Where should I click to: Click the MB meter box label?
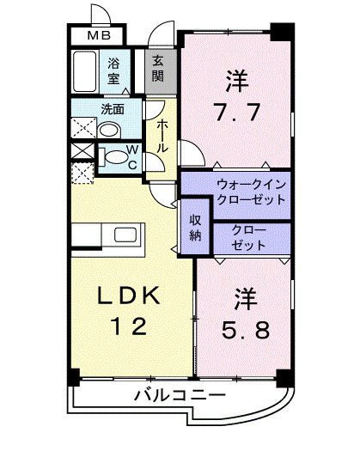[x=96, y=36]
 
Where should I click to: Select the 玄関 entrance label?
[x=159, y=68]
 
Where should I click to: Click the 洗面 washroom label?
[x=112, y=110]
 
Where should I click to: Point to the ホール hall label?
[x=161, y=136]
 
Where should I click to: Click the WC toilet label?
[x=132, y=159]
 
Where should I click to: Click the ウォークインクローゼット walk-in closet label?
[x=250, y=190]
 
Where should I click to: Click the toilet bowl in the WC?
[x=112, y=157]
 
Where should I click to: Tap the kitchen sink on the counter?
[x=125, y=235]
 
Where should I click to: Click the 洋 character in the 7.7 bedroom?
[x=236, y=82]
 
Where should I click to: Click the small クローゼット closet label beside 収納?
[x=249, y=237]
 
